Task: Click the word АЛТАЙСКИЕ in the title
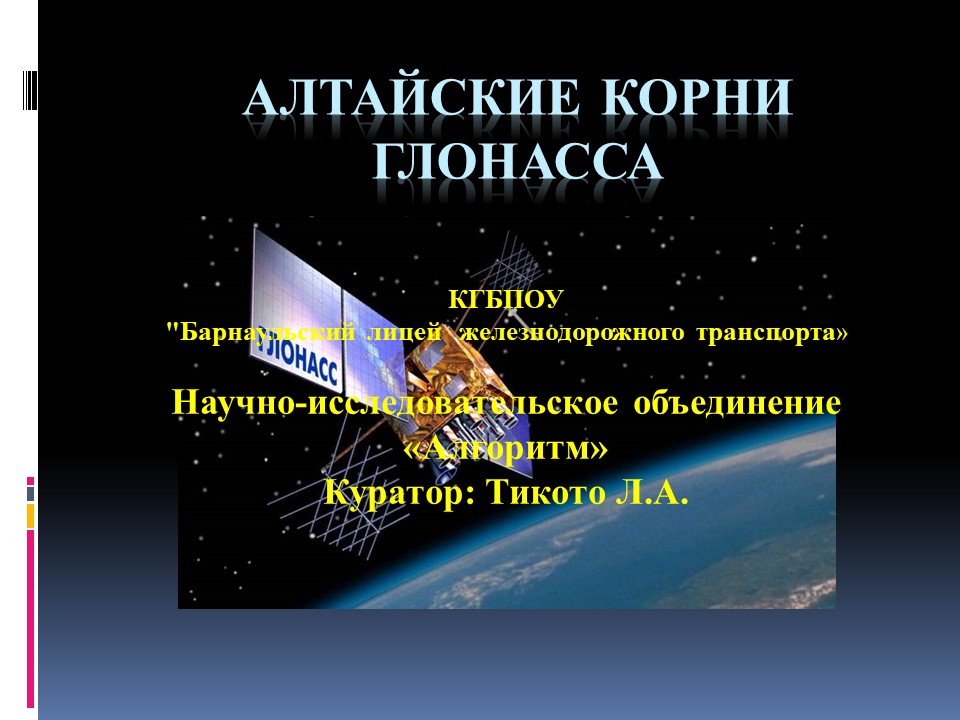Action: pyautogui.click(x=411, y=97)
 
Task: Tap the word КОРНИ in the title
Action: pyautogui.click(x=697, y=97)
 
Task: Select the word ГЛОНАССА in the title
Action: pyautogui.click(x=518, y=161)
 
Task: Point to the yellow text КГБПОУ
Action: pyautogui.click(x=506, y=299)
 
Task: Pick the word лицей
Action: pyautogui.click(x=405, y=332)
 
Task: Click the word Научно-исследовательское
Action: pyautogui.click(x=395, y=403)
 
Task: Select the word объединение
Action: pyautogui.click(x=737, y=403)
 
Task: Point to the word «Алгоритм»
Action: pyautogui.click(x=506, y=448)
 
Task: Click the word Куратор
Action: pyautogui.click(x=399, y=492)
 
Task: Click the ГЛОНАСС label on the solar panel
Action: pyautogui.click(x=298, y=358)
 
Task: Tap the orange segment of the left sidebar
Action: pyautogui.click(x=30, y=516)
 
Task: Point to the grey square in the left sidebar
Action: pyautogui.click(x=30, y=493)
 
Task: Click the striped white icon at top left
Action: pyautogui.click(x=30, y=89)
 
